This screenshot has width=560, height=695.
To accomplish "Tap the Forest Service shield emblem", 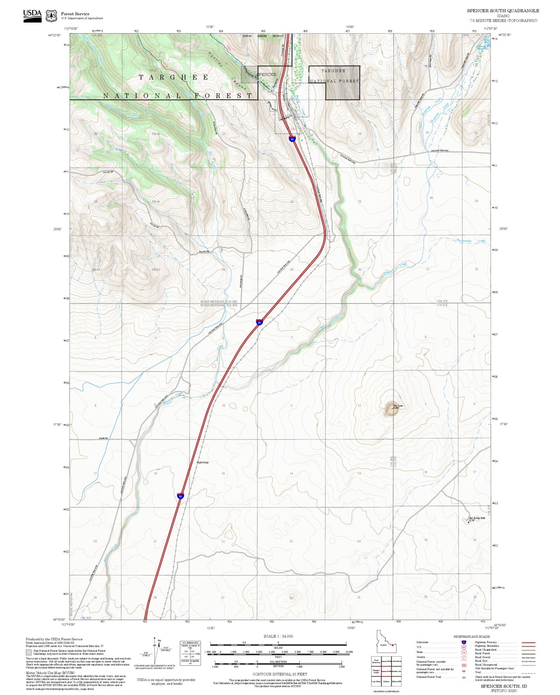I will coord(51,16).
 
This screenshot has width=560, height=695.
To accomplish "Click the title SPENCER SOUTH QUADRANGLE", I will coord(503,10).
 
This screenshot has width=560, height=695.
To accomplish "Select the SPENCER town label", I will coord(267,74).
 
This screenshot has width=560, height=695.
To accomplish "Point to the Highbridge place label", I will coord(203,462).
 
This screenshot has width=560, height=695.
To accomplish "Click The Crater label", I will coord(398,406).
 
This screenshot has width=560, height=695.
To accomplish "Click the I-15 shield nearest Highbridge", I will coord(180,496).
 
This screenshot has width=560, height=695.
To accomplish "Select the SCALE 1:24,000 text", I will coord(278,636).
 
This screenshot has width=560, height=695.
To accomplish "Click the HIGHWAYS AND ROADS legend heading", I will coord(472,637).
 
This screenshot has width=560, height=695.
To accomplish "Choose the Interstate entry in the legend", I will coord(422,642).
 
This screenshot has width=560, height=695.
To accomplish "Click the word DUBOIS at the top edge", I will coord(247,36).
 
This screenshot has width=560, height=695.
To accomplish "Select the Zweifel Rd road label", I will coord(103,438).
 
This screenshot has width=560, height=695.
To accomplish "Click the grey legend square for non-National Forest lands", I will coord(29,652).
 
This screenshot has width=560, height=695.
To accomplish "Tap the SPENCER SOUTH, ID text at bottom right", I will coord(503,686).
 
